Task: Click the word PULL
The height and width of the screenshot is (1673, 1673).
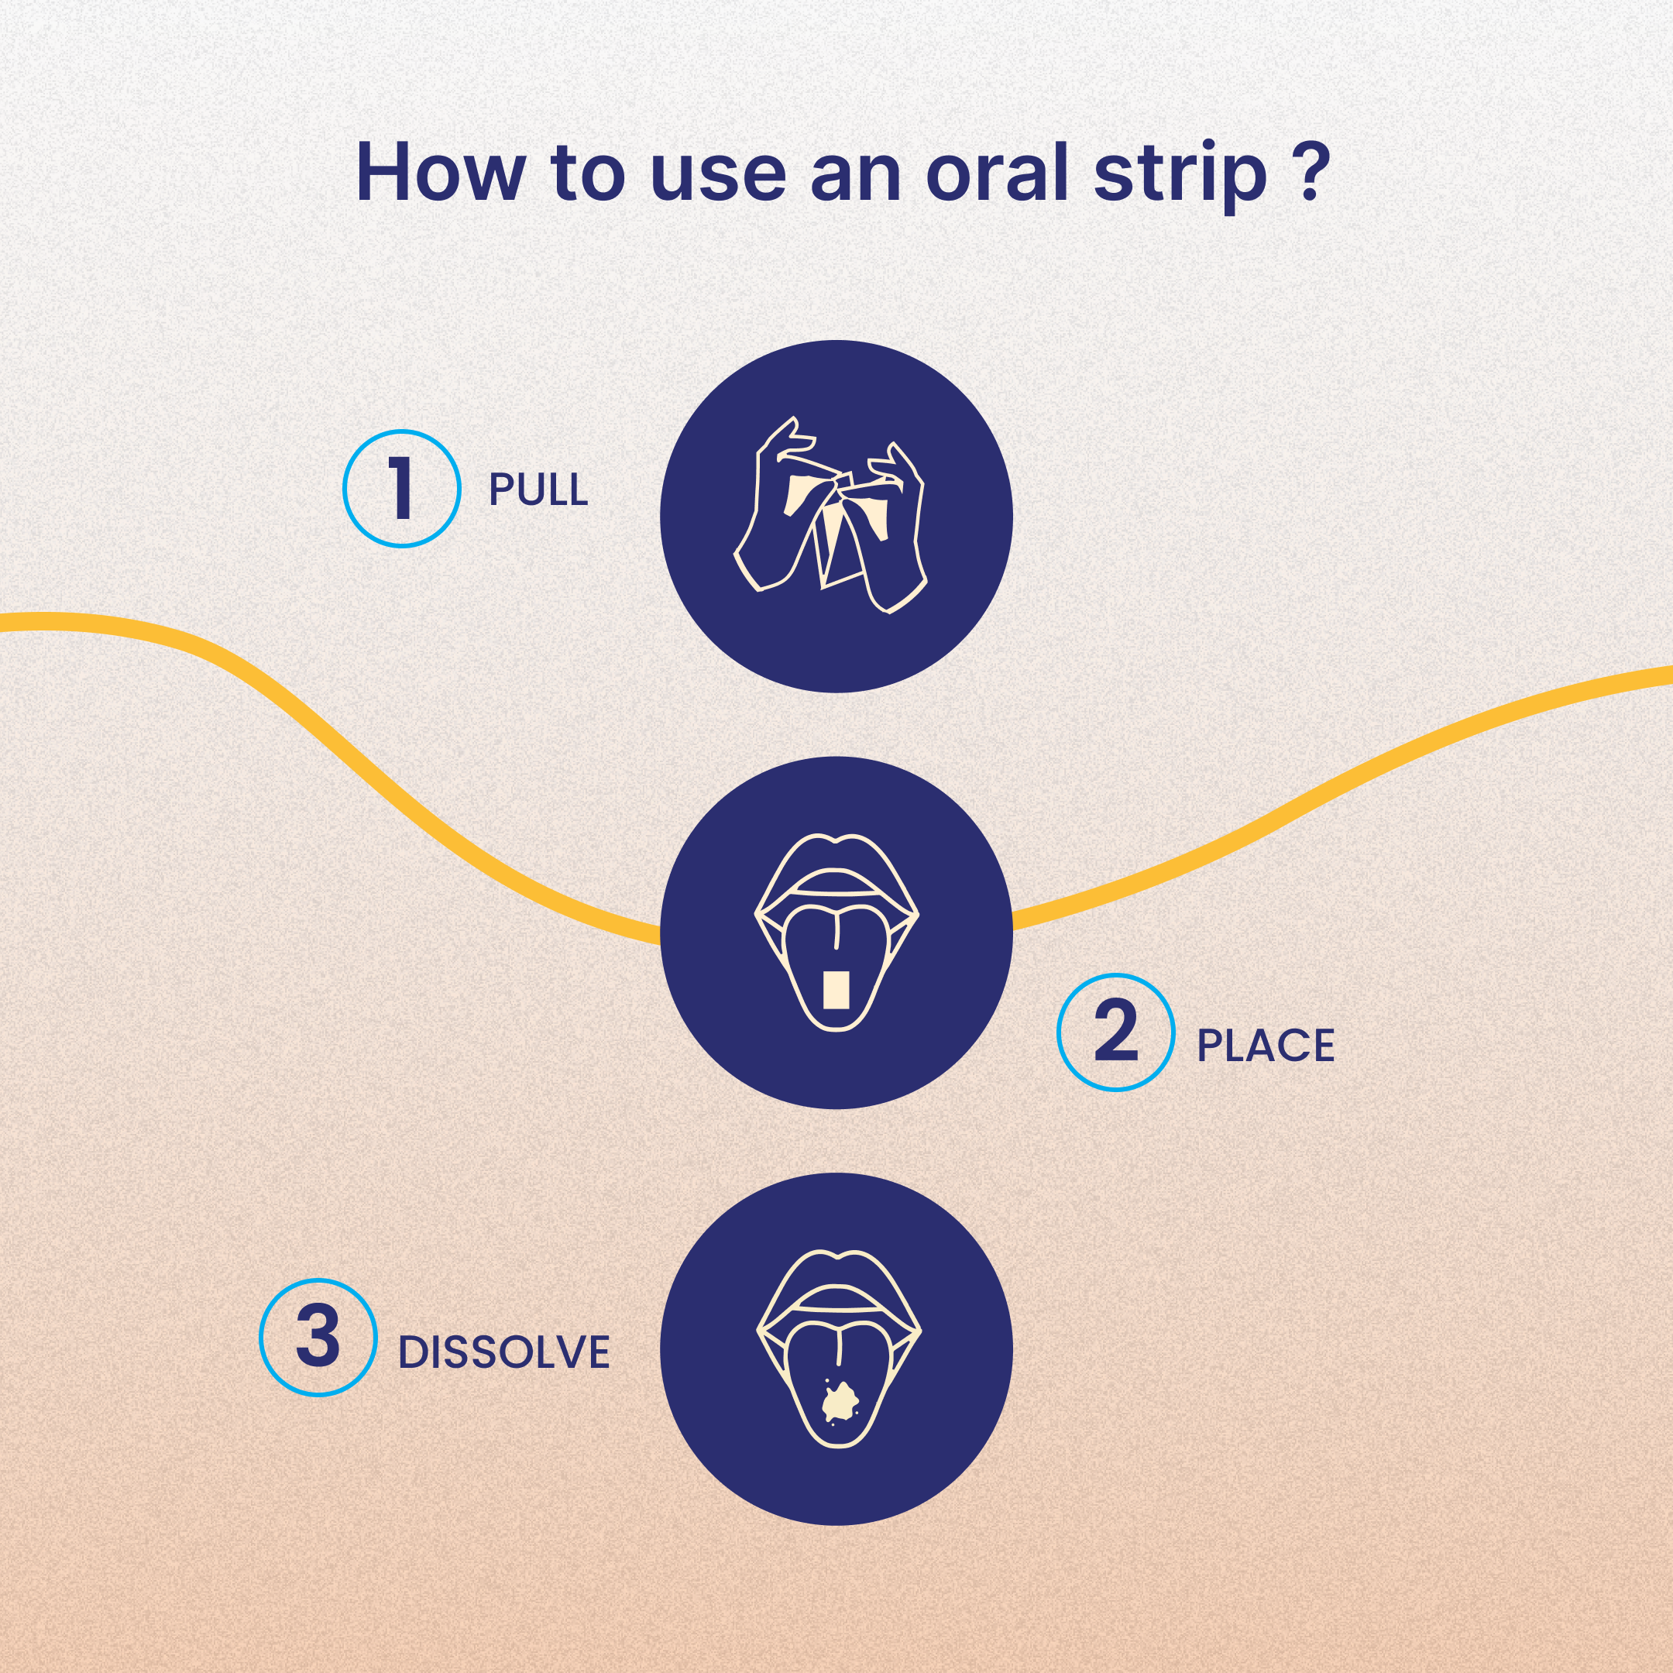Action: click(538, 490)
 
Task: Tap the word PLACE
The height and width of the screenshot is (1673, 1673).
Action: click(1265, 1046)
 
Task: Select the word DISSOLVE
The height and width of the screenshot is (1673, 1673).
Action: click(503, 1352)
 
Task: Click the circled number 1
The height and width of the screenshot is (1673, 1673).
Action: click(401, 490)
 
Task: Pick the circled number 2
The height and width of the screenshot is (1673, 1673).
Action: click(1115, 1032)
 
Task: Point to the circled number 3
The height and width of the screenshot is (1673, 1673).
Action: click(318, 1338)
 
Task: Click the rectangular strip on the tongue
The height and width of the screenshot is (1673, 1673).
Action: click(835, 990)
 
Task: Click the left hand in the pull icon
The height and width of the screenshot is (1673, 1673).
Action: click(772, 520)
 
